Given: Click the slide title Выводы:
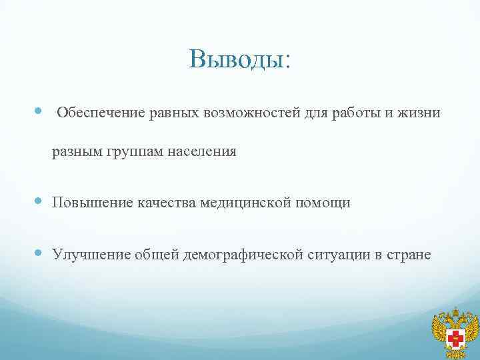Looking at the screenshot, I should point(240,59).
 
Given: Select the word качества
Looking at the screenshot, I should point(166,203).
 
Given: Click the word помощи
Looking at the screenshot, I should point(323,203).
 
